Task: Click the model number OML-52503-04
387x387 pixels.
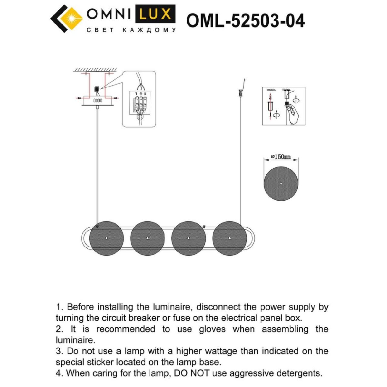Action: [245, 21]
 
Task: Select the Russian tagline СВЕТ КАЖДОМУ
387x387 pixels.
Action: [131, 30]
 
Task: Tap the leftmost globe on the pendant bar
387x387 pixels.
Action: [106, 238]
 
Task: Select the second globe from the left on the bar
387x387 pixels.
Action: [147, 238]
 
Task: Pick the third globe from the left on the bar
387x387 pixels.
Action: [188, 238]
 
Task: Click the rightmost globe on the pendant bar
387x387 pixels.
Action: [229, 238]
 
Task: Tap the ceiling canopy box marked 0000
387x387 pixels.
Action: [97, 101]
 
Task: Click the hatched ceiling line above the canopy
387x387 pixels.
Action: [95, 70]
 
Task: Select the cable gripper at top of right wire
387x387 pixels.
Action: [240, 92]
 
